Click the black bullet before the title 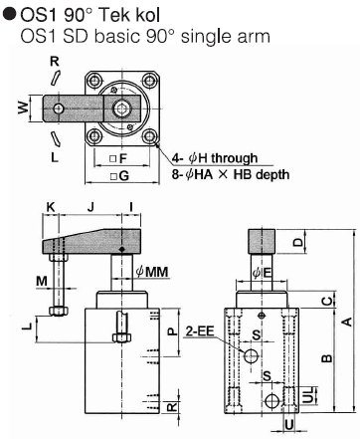[9, 15]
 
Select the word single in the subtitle [202, 36]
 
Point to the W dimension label [23, 108]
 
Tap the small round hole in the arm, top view [59, 109]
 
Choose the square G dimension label [119, 176]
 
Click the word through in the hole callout [235, 158]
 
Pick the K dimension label [51, 207]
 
